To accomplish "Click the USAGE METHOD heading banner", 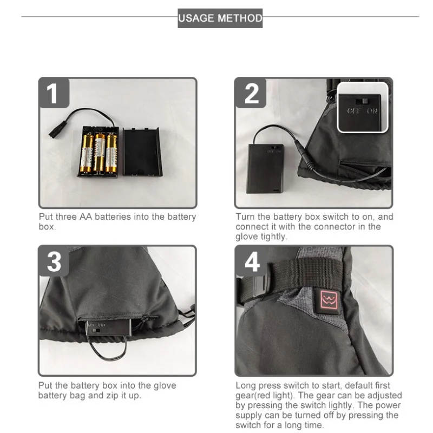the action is [x=220, y=18].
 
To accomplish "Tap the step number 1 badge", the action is [x=54, y=93].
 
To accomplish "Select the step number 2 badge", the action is [x=251, y=93].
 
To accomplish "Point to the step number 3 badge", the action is [x=54, y=261].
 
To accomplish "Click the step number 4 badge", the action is [x=251, y=261].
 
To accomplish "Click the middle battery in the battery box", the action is [x=99, y=152].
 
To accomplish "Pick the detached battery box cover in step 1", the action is [x=142, y=152].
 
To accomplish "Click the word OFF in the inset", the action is [x=353, y=111].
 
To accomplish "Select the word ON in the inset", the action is [x=372, y=111].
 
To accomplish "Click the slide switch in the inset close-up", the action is [x=362, y=101].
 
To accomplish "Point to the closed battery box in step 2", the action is [x=265, y=168].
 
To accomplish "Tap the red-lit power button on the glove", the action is [x=329, y=301].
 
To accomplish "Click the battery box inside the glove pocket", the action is [x=108, y=327].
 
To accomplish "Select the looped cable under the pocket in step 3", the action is [x=108, y=349].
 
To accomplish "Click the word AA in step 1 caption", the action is [x=86, y=217].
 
